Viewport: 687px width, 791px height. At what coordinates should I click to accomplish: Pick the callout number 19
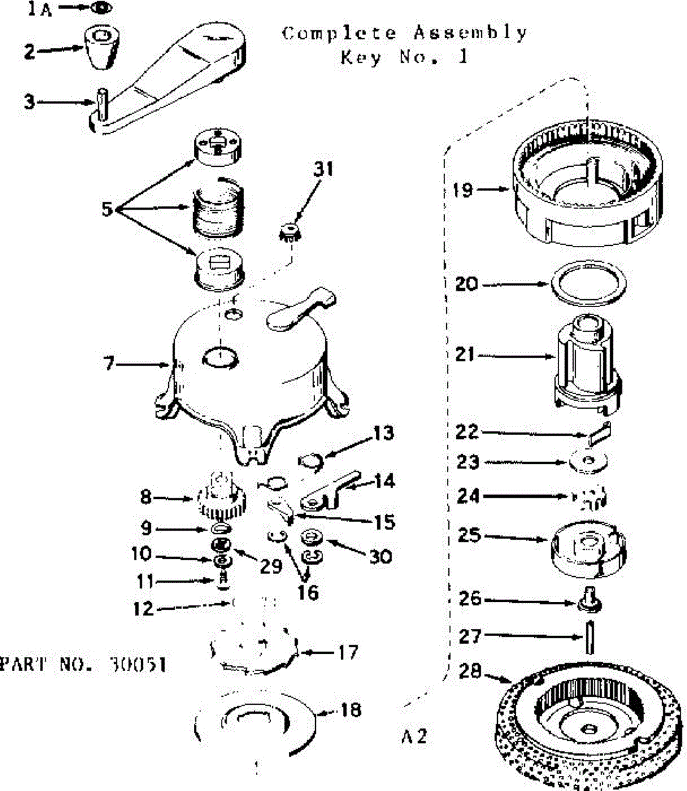(x=463, y=190)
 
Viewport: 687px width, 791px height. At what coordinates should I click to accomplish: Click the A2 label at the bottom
(x=413, y=736)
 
